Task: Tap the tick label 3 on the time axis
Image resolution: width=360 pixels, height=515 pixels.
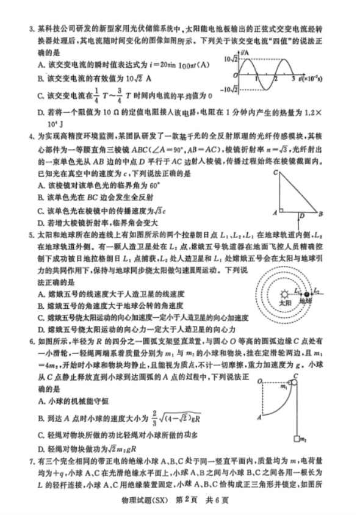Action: (x=293, y=79)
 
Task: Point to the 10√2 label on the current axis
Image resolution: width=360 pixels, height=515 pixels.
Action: (x=231, y=60)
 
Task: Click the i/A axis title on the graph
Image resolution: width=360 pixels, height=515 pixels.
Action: (x=244, y=53)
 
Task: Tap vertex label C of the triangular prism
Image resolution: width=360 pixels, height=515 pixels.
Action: (x=275, y=173)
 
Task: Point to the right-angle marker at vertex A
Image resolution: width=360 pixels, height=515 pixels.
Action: (x=283, y=210)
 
